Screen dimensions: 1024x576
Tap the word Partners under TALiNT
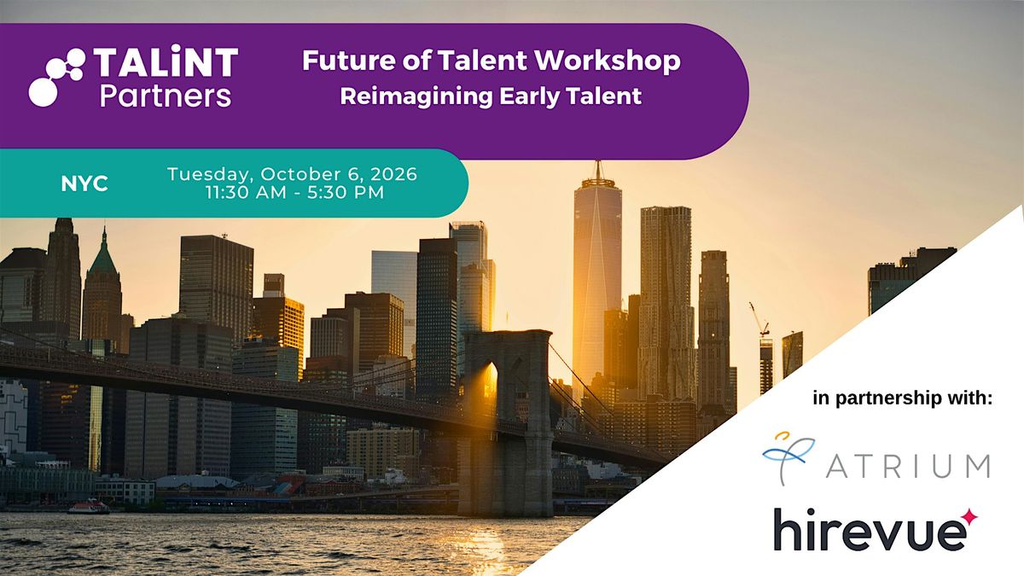click(166, 96)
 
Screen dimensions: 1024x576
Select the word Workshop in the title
click(608, 61)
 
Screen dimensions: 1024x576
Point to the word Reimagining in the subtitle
click(416, 97)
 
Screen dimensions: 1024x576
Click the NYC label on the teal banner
click(84, 183)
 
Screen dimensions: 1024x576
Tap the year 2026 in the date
click(393, 174)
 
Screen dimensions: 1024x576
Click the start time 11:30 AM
click(246, 193)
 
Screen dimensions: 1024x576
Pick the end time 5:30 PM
click(346, 193)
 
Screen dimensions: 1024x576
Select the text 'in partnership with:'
click(903, 398)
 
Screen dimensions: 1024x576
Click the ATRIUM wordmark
click(908, 468)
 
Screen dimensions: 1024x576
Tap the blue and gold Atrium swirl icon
click(788, 457)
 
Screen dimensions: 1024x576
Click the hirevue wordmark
click(870, 530)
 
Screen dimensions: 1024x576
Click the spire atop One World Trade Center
click(597, 170)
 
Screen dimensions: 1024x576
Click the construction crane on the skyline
click(759, 319)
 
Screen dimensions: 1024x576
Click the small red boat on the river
click(89, 507)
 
